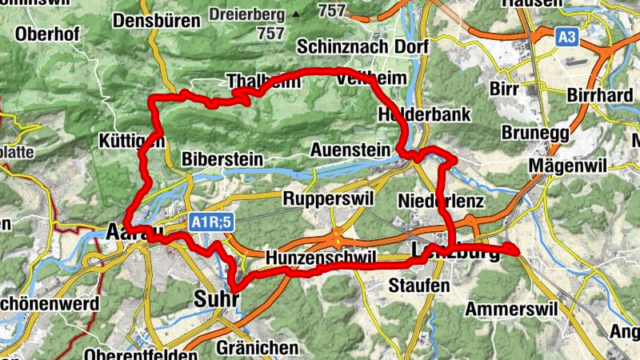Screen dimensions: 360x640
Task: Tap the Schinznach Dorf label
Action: (x=362, y=46)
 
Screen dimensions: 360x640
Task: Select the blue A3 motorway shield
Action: (x=567, y=36)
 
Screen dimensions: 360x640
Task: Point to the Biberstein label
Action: (x=222, y=158)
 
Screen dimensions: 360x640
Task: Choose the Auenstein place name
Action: (x=350, y=150)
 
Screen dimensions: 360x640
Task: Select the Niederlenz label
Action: (x=441, y=199)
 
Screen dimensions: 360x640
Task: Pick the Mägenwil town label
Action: (x=568, y=166)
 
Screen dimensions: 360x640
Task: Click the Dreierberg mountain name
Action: (x=247, y=14)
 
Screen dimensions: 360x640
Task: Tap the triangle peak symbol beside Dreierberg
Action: (x=297, y=14)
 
